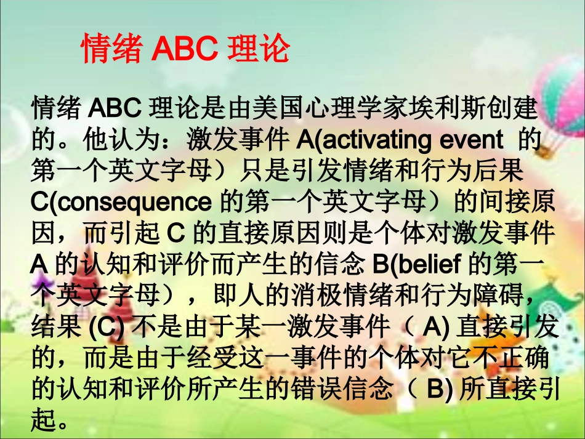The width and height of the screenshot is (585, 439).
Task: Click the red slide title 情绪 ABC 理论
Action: pos(185,49)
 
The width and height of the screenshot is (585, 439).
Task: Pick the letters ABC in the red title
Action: pos(185,49)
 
